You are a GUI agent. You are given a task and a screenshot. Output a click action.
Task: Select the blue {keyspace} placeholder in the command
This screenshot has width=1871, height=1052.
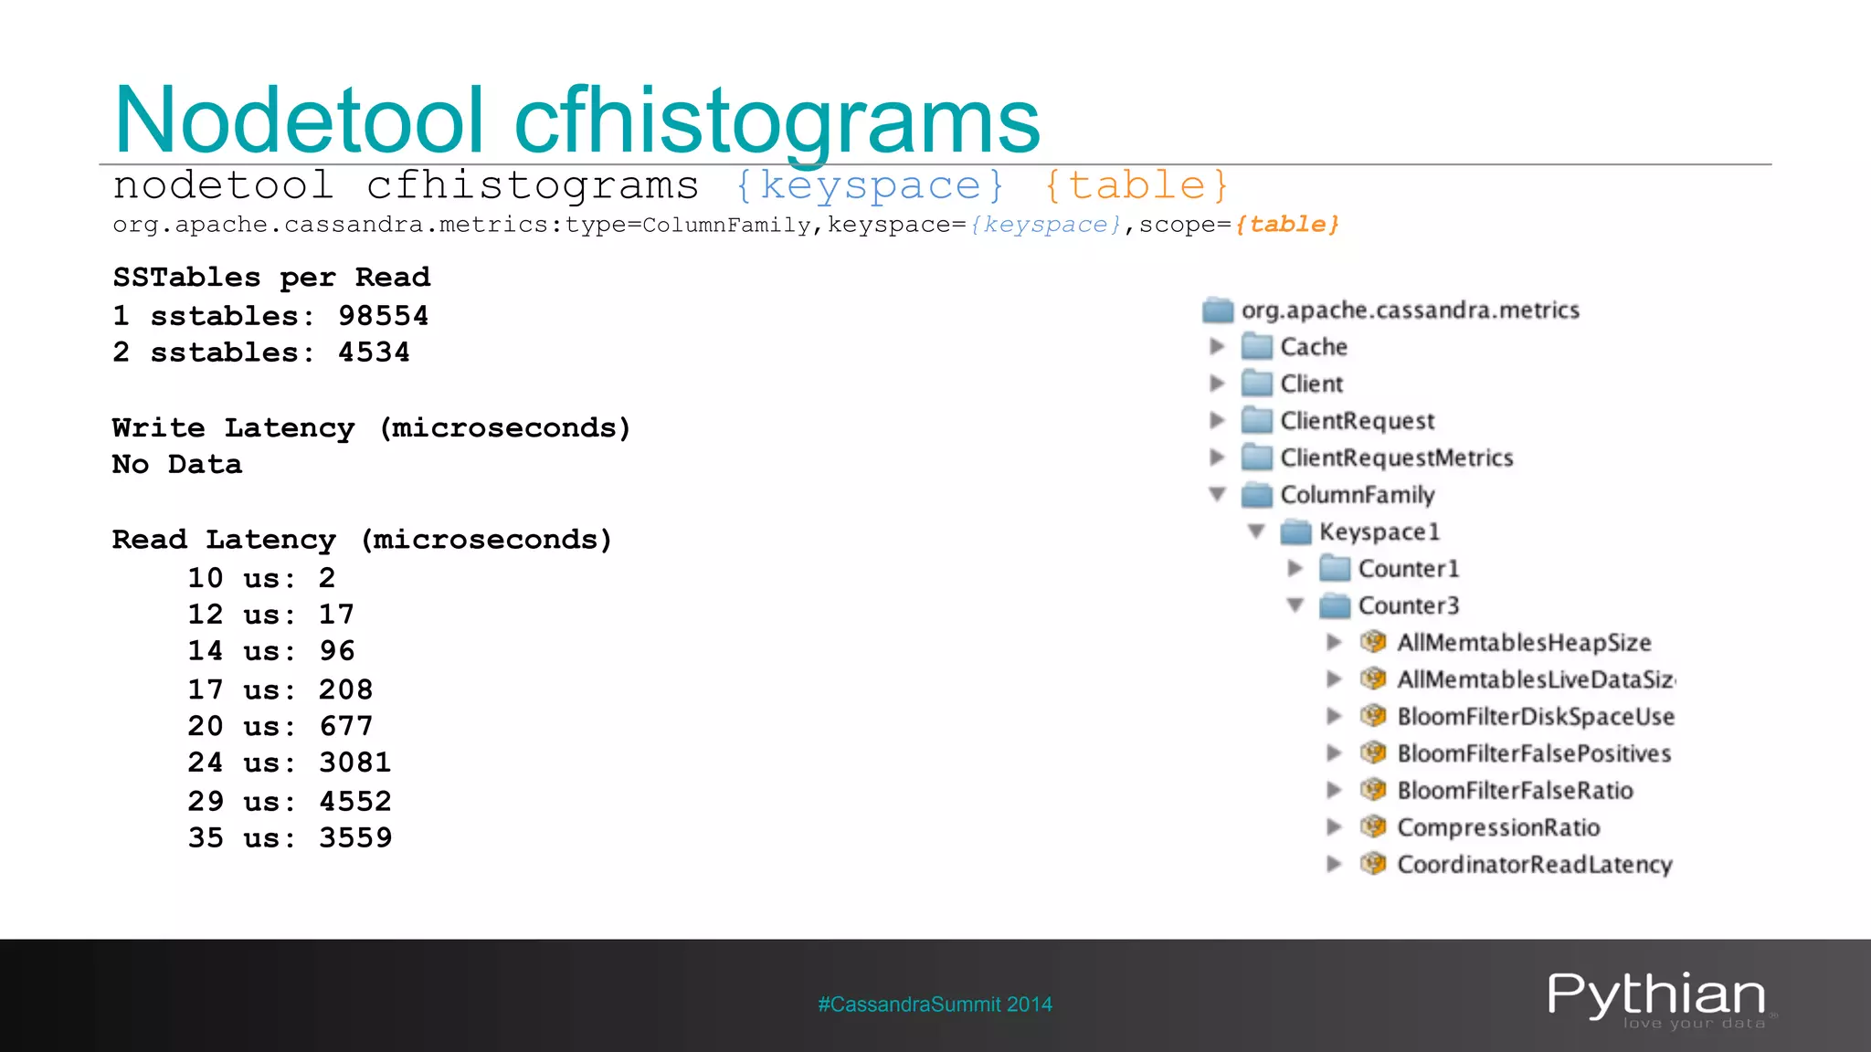(x=870, y=186)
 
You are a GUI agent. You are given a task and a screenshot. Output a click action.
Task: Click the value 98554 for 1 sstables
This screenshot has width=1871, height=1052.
(x=383, y=316)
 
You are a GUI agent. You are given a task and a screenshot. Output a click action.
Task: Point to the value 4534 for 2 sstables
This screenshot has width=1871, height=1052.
(x=374, y=352)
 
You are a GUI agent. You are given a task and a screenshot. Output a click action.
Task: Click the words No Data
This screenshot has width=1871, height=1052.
(x=177, y=465)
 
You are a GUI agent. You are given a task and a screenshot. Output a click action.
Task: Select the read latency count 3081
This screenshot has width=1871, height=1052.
(x=354, y=763)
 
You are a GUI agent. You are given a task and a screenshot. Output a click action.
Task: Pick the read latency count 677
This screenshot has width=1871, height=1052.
(x=345, y=726)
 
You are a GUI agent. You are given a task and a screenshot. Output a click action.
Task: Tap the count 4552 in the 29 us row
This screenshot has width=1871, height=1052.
(x=354, y=802)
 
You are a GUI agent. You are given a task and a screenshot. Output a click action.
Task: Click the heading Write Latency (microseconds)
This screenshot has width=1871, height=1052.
(x=371, y=428)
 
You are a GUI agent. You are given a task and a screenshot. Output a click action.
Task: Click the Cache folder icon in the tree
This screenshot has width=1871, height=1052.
(x=1257, y=347)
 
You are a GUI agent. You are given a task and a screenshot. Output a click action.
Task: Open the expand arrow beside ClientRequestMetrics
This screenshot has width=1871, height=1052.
(x=1217, y=458)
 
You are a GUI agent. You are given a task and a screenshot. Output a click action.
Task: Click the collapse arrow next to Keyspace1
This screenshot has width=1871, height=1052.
(x=1256, y=531)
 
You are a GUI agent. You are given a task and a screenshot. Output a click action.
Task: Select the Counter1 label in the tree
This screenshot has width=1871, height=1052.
(x=1408, y=569)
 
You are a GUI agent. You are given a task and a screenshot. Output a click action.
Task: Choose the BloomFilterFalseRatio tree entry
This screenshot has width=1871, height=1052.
(x=1515, y=791)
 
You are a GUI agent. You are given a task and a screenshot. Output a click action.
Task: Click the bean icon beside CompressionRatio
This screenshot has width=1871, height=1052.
(x=1372, y=827)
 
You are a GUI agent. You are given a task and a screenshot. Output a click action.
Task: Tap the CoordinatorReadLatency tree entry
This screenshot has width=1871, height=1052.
(x=1534, y=865)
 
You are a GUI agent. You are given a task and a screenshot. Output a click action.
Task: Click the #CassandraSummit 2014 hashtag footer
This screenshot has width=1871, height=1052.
(x=935, y=1005)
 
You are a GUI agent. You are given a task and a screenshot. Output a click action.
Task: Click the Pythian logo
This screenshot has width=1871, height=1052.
(x=1656, y=997)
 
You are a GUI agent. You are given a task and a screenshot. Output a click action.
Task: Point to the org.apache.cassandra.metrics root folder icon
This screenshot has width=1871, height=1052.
(x=1218, y=310)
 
